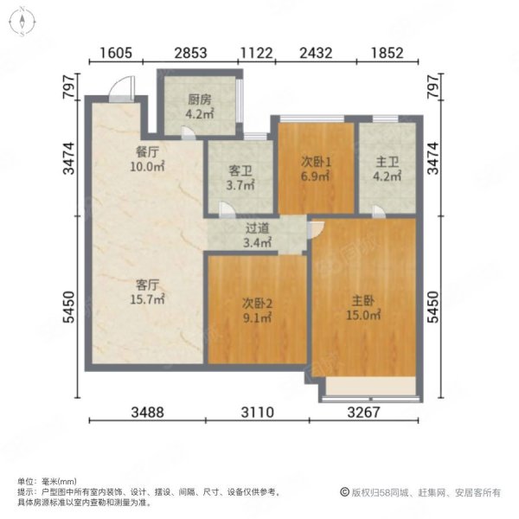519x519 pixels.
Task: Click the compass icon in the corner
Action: click(x=22, y=22)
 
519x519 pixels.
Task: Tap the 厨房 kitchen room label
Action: click(x=200, y=106)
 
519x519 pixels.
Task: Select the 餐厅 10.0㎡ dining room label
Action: click(x=147, y=159)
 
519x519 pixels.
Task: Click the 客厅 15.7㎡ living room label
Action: click(x=147, y=292)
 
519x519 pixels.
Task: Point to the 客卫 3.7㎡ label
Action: click(x=240, y=177)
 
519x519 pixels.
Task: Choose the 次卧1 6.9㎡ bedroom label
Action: click(x=316, y=169)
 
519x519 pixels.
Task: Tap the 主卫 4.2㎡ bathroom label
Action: click(x=388, y=169)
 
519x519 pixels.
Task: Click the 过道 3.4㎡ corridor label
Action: click(x=258, y=235)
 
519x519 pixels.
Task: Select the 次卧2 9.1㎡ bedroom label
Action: click(x=258, y=311)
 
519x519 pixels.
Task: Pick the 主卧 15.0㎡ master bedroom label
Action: click(x=363, y=307)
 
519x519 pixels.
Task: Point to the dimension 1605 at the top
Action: click(x=116, y=53)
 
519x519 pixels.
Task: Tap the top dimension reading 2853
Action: click(x=190, y=53)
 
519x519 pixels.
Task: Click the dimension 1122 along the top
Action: click(x=257, y=53)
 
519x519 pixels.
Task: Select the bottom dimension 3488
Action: click(x=148, y=413)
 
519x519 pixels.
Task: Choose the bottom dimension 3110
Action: click(x=258, y=413)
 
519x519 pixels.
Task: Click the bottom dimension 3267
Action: click(x=364, y=413)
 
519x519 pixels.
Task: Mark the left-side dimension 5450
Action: click(x=69, y=307)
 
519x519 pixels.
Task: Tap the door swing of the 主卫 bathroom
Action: click(x=379, y=211)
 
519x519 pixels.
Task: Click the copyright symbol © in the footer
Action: click(x=344, y=492)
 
